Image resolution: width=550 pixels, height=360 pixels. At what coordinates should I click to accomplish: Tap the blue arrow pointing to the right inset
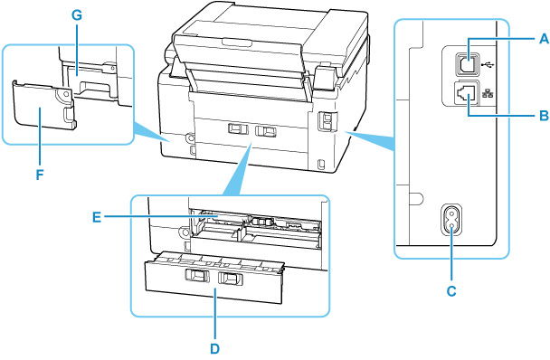coord(371,136)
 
